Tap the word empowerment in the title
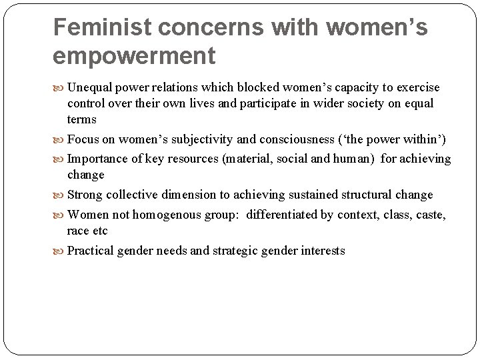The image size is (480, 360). [x=134, y=55]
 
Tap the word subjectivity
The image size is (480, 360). [x=202, y=139]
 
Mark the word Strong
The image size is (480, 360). [x=85, y=195]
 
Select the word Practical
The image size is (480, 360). [x=90, y=251]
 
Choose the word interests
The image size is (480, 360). [x=323, y=251]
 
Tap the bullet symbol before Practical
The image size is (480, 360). [x=60, y=251]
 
